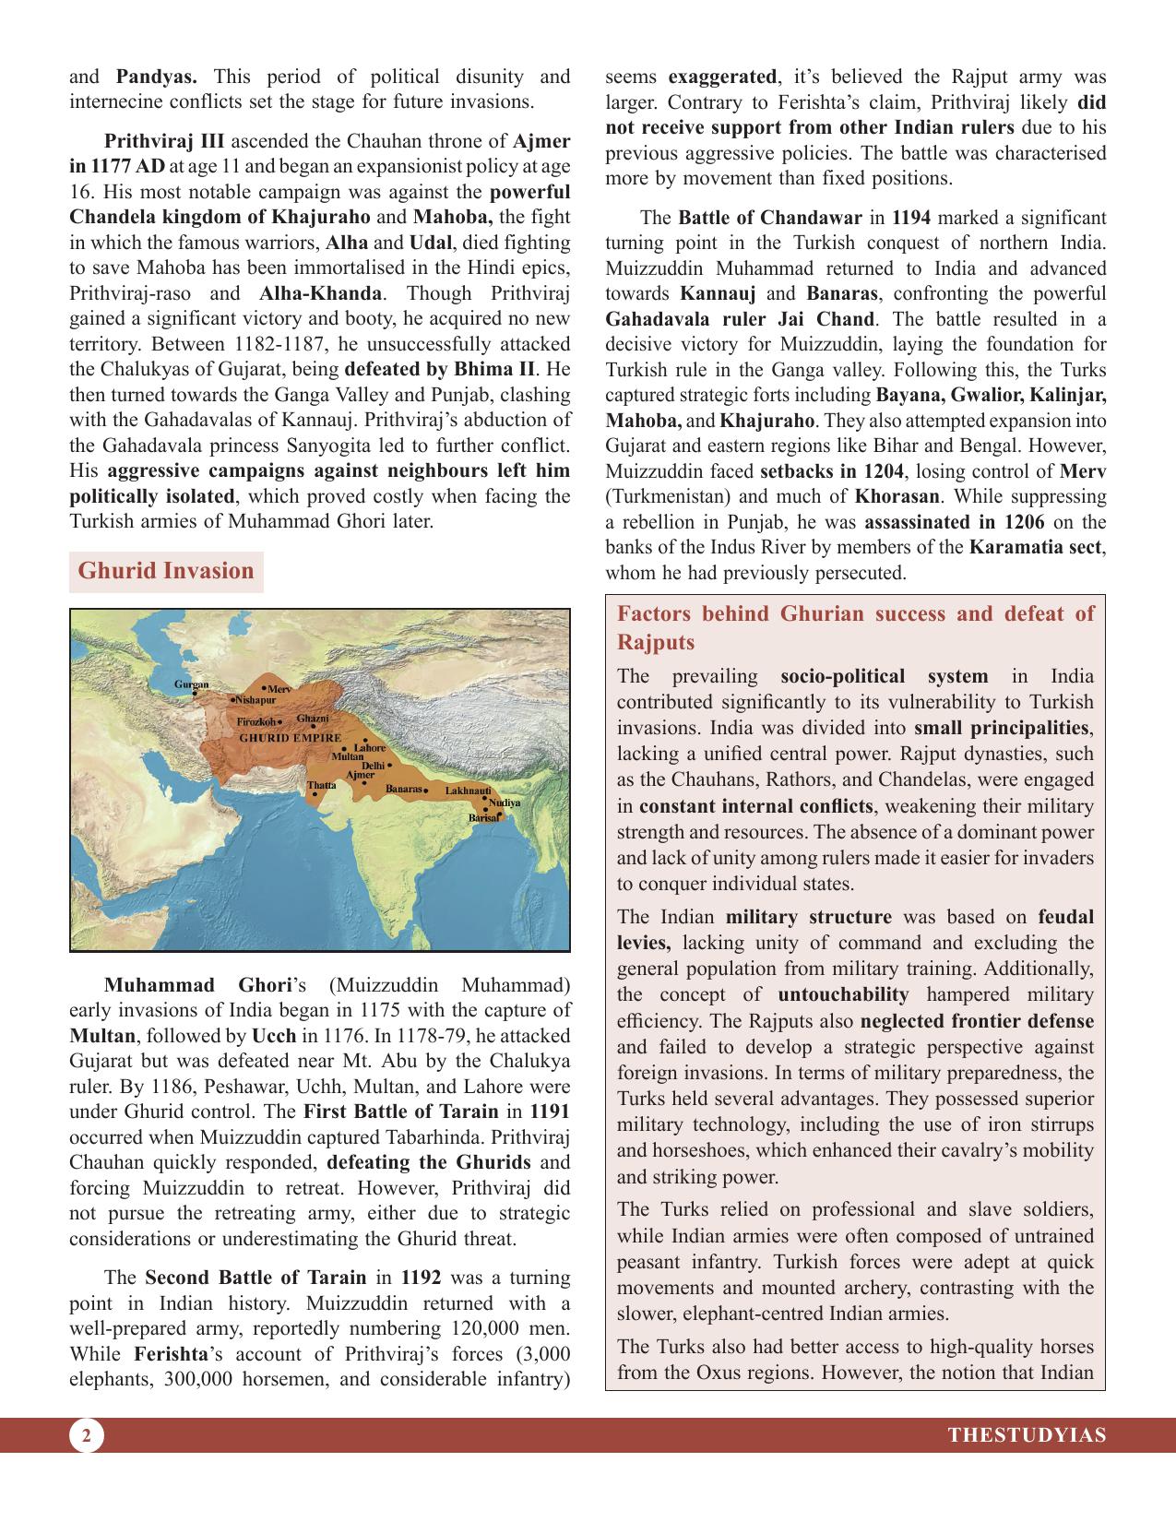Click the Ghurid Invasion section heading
(166, 571)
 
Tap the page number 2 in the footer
(86, 1435)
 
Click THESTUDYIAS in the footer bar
(1027, 1435)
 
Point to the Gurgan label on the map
(191, 684)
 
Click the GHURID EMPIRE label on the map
(290, 738)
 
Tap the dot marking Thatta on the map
(315, 794)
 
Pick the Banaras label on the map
(403, 790)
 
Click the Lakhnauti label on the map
(468, 791)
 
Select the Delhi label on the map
(373, 767)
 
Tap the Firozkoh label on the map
(255, 721)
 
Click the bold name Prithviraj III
(164, 142)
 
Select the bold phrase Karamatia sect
(1036, 547)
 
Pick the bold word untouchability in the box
(843, 995)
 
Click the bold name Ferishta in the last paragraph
(168, 1355)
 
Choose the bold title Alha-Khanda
(320, 294)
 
